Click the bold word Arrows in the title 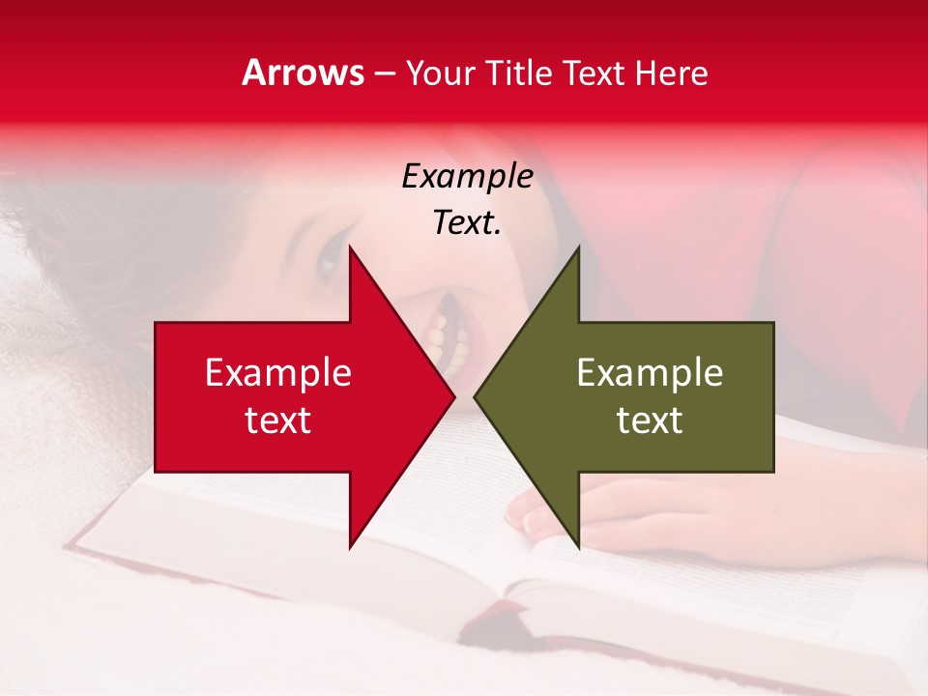pos(304,72)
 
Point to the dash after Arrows pos(385,74)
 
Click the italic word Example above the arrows pos(467,176)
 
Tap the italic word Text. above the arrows pos(467,223)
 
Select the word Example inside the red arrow pos(278,373)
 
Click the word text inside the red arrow pos(278,420)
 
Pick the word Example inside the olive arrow pos(650,373)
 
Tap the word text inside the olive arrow pos(650,420)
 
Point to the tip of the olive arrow pos(476,396)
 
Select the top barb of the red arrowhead pos(352,253)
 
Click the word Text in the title pos(594,73)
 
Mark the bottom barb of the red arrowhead pos(352,541)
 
